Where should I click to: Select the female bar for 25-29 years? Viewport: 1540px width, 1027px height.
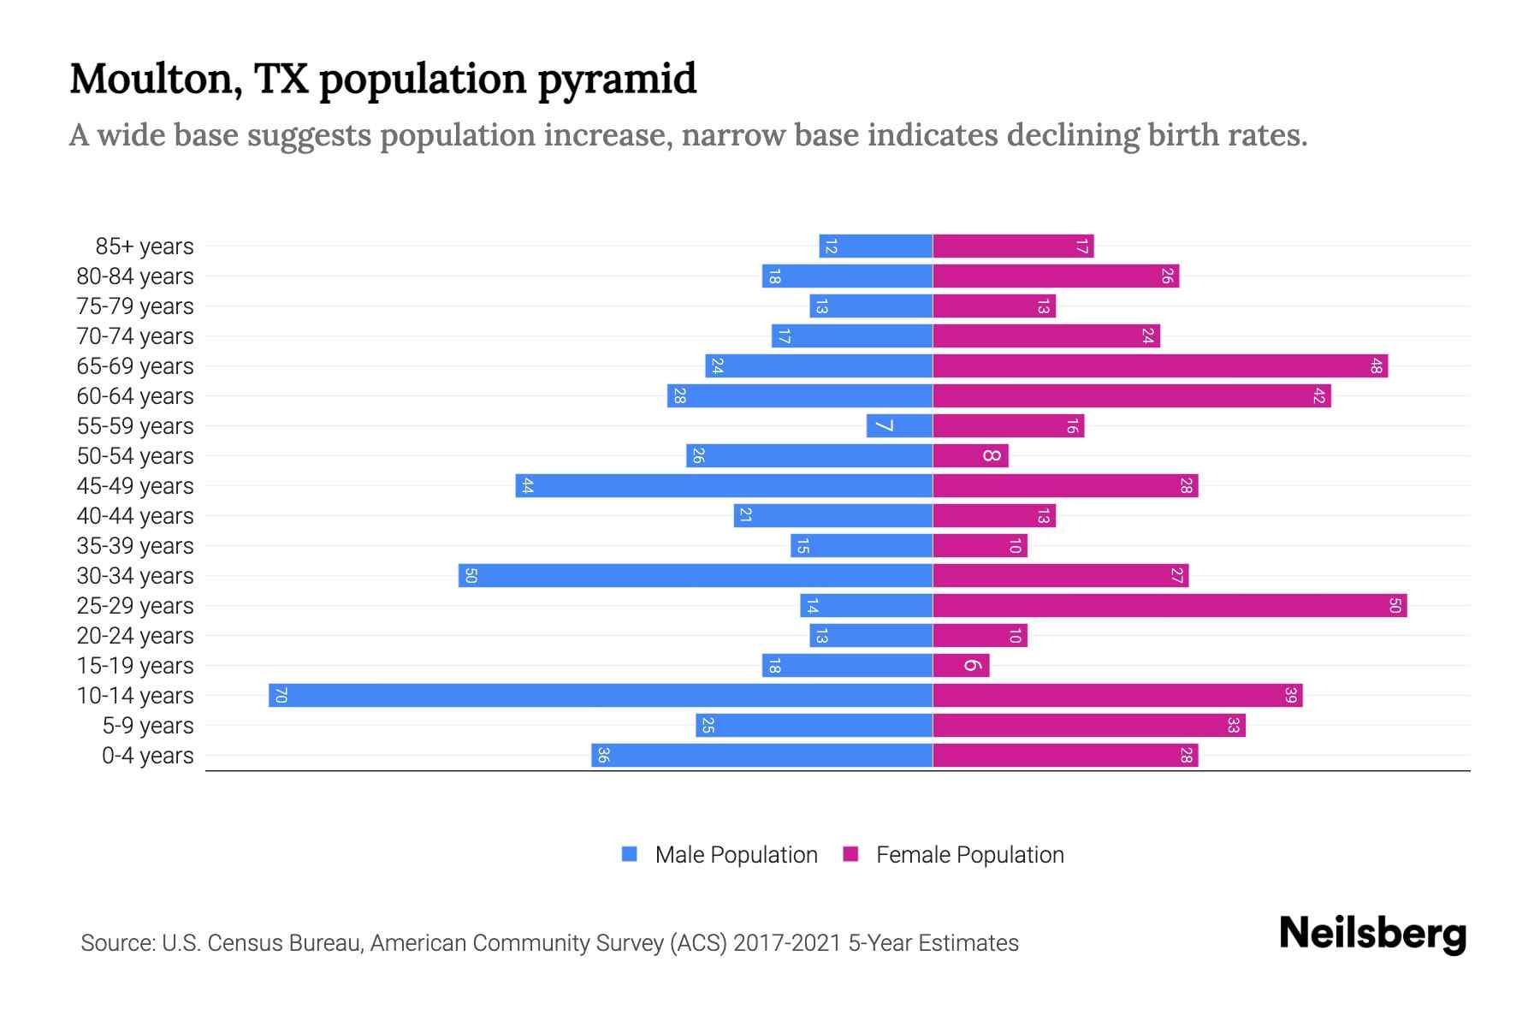tap(1170, 605)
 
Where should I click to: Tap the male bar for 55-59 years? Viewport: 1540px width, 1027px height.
tap(899, 425)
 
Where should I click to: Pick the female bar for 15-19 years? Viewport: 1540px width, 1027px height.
tap(961, 665)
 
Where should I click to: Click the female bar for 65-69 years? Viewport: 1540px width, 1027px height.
tap(1160, 365)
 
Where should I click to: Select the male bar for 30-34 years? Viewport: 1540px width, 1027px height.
tap(696, 575)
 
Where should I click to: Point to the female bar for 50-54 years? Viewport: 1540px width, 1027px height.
tap(970, 455)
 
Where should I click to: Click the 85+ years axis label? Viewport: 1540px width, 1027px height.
tap(145, 246)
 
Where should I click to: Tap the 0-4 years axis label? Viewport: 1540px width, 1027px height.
tap(147, 756)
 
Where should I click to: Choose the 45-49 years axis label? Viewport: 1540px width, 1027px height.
tap(135, 486)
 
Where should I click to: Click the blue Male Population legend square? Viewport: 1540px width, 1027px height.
tap(630, 854)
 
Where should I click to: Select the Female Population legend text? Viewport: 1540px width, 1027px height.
tap(969, 855)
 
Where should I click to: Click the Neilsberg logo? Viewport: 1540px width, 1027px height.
tap(1372, 934)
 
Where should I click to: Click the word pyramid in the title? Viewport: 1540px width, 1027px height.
tap(617, 80)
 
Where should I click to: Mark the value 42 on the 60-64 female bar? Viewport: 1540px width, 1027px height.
tap(1319, 396)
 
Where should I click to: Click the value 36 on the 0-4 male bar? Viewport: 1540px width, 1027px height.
tap(603, 755)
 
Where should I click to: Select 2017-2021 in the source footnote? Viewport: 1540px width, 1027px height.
tap(787, 943)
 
